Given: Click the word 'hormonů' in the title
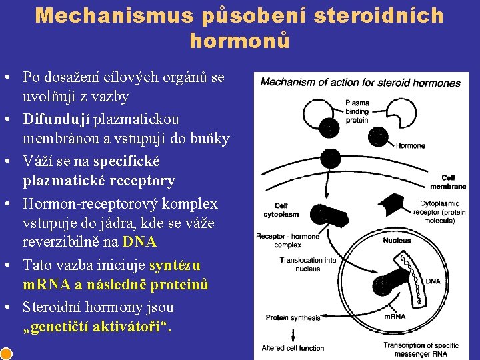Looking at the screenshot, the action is [x=240, y=41].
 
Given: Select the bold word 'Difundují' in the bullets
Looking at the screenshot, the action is [x=56, y=119].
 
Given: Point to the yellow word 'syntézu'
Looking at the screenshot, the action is [x=175, y=265].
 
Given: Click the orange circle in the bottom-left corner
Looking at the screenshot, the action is [x=5, y=353].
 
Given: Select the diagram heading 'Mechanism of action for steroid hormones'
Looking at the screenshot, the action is [x=360, y=83].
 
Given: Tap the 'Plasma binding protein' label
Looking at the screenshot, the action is [x=357, y=111].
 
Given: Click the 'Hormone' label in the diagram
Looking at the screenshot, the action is [x=410, y=145].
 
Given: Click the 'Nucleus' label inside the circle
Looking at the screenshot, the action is [x=397, y=240].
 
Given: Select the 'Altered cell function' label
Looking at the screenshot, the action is [x=293, y=347].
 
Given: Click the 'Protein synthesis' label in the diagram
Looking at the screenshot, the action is [x=293, y=317].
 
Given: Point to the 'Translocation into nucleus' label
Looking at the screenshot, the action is [x=307, y=264].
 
